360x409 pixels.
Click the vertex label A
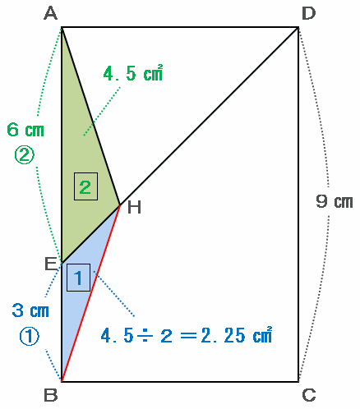pyautogui.click(x=51, y=14)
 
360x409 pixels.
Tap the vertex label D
pyautogui.click(x=308, y=13)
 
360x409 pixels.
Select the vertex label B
pyautogui.click(x=51, y=395)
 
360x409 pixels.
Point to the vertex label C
pyautogui.click(x=309, y=395)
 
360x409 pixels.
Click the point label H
pyautogui.click(x=134, y=207)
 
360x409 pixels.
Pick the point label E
pyautogui.click(x=51, y=264)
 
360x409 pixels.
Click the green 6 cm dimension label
pyautogui.click(x=25, y=130)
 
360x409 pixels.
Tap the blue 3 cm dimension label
pyautogui.click(x=30, y=310)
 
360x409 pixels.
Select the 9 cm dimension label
pyautogui.click(x=335, y=201)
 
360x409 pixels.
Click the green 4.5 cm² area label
pyautogui.click(x=133, y=73)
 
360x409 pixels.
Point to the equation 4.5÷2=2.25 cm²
pyautogui.click(x=187, y=335)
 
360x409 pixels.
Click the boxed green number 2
pyautogui.click(x=85, y=186)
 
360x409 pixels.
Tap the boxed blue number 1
pyautogui.click(x=78, y=278)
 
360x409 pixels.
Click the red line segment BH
pyautogui.click(x=90, y=293)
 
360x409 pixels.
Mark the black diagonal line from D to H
pyautogui.click(x=209, y=116)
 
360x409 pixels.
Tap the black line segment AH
pyautogui.click(x=90, y=116)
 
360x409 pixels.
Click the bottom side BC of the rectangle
pyautogui.click(x=180, y=381)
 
